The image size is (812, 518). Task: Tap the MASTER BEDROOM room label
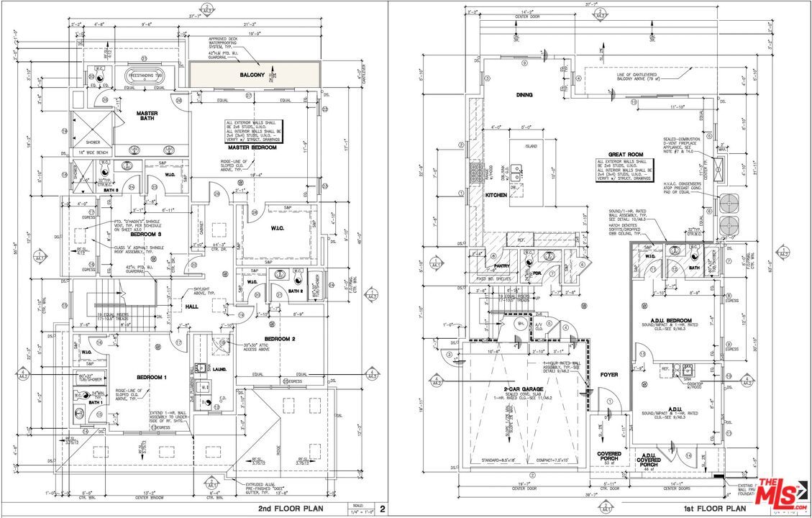(257, 147)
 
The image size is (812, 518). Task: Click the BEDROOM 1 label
(152, 377)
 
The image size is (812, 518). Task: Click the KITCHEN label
(496, 195)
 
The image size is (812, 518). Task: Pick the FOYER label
(608, 374)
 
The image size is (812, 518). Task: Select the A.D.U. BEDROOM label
(670, 320)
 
